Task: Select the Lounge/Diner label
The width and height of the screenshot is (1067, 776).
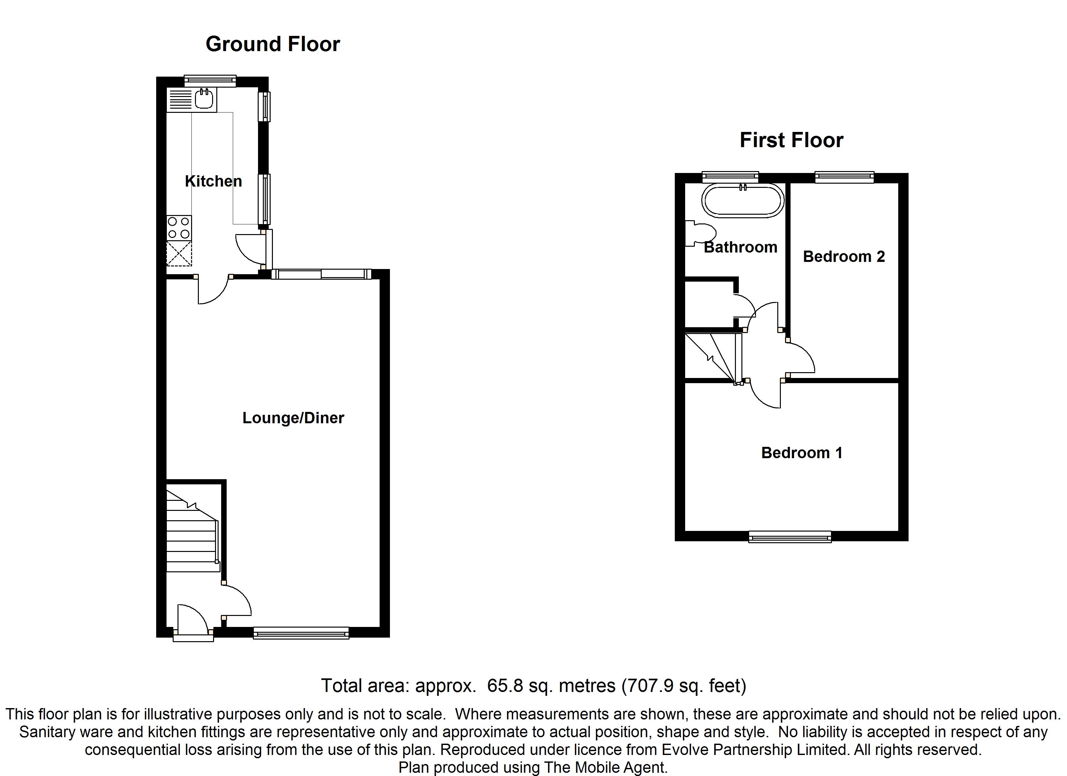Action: click(293, 418)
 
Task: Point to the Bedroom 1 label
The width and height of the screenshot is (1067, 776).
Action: click(802, 453)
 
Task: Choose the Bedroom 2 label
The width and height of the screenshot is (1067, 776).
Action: click(844, 256)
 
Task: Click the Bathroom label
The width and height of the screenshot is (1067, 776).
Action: click(740, 247)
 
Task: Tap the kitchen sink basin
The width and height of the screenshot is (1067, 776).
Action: click(206, 99)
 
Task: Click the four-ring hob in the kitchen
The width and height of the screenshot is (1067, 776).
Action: click(179, 228)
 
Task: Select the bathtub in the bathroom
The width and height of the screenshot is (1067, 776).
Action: click(743, 200)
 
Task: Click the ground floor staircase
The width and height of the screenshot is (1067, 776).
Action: click(192, 532)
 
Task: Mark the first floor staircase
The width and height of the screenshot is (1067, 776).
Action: click(711, 357)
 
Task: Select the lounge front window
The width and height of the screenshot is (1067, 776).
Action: click(301, 633)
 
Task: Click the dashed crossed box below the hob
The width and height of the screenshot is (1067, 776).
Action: click(179, 254)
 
